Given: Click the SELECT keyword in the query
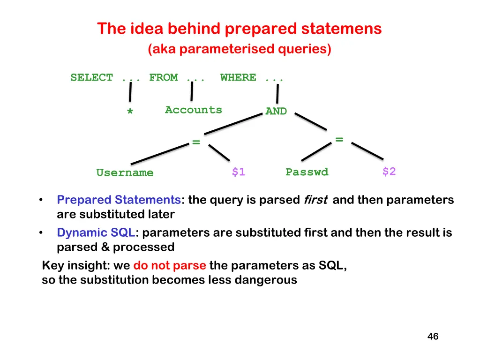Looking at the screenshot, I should (x=92, y=78).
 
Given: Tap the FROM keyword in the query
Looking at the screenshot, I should (x=163, y=78).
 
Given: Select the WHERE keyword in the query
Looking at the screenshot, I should (x=238, y=78).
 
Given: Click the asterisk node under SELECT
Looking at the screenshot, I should (x=130, y=112).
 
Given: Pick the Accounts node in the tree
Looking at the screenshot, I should (x=193, y=110).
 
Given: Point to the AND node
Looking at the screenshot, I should (x=276, y=112).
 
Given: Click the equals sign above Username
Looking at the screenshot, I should (x=196, y=142).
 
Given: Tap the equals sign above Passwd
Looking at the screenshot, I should (x=339, y=139).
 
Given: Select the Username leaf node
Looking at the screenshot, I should (x=125, y=173).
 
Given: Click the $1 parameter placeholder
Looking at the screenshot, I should (x=238, y=172).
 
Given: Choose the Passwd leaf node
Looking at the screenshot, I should (x=307, y=172).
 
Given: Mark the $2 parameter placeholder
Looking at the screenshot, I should (x=389, y=172).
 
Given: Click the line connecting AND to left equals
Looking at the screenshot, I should (x=233, y=124).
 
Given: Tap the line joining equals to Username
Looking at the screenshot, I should (x=159, y=154).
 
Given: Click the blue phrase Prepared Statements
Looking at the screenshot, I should (x=119, y=200).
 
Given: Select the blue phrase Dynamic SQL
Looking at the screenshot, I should (x=96, y=232).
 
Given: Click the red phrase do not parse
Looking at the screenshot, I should (x=170, y=266).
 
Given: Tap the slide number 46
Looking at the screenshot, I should (x=433, y=337).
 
